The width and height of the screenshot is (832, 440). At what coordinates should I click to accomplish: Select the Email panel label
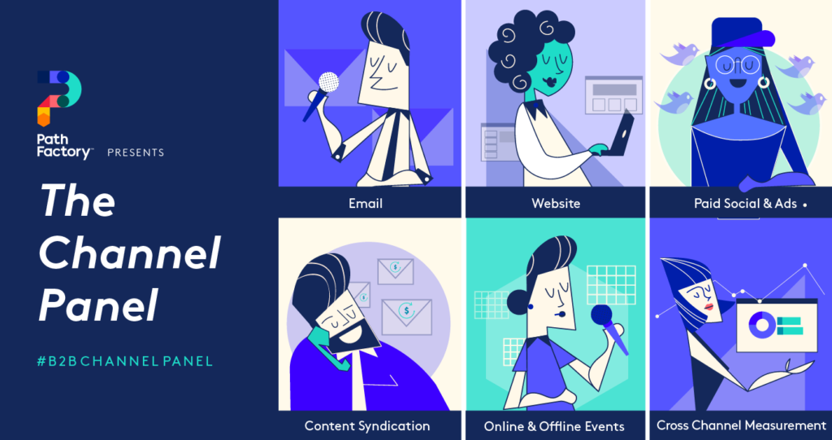365,203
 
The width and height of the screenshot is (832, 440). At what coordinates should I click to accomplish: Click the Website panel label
556,203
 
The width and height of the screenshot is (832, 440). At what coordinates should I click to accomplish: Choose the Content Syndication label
367,425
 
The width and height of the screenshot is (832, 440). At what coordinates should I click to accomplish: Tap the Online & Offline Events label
554,426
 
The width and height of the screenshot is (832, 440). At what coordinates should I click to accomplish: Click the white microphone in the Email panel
327,82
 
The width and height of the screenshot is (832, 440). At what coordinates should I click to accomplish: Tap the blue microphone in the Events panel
602,316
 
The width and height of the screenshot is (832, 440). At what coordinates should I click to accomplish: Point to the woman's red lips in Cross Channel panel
709,306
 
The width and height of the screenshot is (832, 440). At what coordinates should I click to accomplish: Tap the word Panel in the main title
98,306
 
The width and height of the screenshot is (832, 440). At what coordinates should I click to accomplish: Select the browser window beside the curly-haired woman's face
613,95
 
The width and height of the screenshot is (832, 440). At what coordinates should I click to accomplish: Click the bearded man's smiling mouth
354,333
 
